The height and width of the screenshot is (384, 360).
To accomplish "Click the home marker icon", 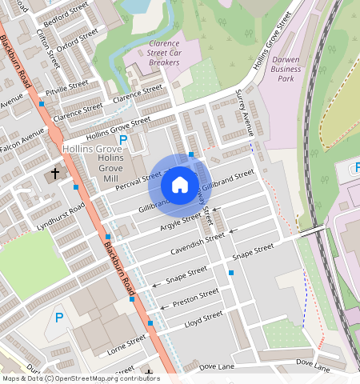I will click(180, 185).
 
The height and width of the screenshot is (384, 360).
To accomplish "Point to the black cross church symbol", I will click(55, 172).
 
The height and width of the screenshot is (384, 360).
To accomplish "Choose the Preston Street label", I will click(195, 298).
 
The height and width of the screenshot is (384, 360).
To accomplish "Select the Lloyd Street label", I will click(203, 318).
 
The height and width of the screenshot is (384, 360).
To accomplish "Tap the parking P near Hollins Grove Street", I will click(123, 141).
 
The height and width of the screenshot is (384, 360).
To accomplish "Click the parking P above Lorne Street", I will click(58, 318).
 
